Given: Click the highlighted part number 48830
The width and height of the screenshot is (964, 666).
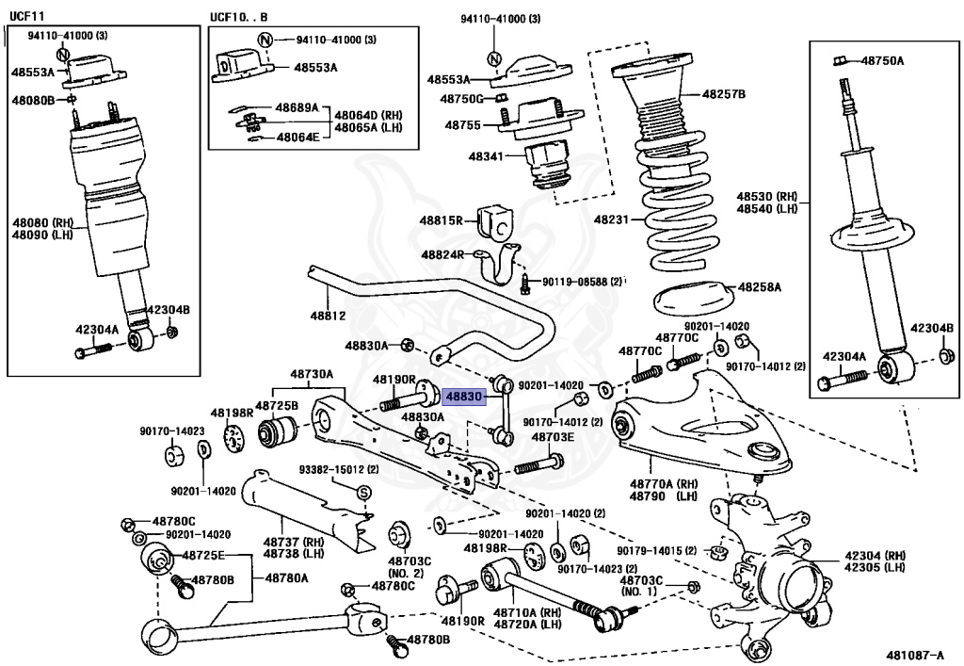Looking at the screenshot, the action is click(x=463, y=398).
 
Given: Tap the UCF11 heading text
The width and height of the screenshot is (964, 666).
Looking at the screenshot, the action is click(x=27, y=16).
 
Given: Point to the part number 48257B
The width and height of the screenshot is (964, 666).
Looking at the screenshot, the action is click(x=724, y=94).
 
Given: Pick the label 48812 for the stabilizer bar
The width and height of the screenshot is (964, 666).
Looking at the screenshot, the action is click(x=328, y=316).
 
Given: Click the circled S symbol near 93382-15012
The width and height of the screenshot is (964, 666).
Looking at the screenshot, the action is click(x=363, y=493).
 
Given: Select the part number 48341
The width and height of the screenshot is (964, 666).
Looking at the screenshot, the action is click(x=486, y=156).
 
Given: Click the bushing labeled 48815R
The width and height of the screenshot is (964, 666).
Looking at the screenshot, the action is click(x=495, y=222).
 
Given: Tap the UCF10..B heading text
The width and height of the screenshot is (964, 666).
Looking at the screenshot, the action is click(x=239, y=17).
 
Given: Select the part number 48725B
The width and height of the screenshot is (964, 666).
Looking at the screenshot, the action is click(x=277, y=405).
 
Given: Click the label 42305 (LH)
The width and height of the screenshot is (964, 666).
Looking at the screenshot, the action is click(x=875, y=567).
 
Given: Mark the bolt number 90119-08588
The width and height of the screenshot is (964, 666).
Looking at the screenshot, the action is click(x=574, y=282).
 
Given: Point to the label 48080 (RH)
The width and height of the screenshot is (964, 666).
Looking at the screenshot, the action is click(x=42, y=222).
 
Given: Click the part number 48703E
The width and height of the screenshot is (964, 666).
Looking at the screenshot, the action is click(x=553, y=437).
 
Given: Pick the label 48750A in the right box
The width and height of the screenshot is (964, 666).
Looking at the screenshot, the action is click(x=883, y=60).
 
